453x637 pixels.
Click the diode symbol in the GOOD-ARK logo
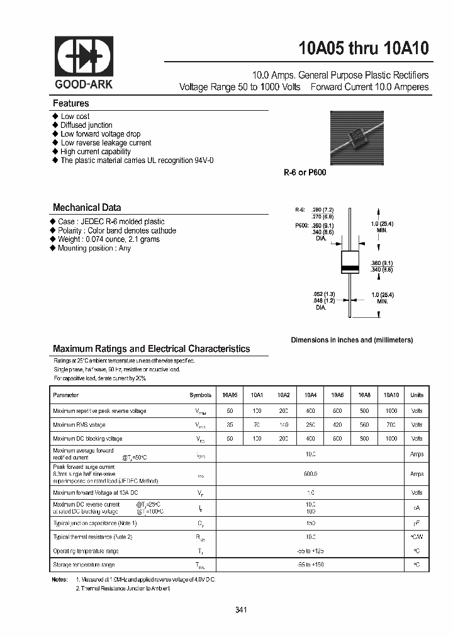(85, 56)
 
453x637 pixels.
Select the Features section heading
(70, 103)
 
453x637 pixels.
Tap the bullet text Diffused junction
(86, 125)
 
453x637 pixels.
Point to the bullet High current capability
(96, 152)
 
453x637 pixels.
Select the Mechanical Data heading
(87, 207)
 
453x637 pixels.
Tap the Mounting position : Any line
(94, 248)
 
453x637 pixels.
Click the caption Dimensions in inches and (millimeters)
(352, 340)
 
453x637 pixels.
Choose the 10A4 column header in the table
(310, 395)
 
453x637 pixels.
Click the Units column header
(417, 395)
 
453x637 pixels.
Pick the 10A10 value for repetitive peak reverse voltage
(391, 411)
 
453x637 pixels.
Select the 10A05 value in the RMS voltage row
(230, 425)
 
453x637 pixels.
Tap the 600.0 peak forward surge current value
(310, 474)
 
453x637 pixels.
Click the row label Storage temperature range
(84, 565)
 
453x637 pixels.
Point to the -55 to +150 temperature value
(310, 565)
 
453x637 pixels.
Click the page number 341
(240, 610)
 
